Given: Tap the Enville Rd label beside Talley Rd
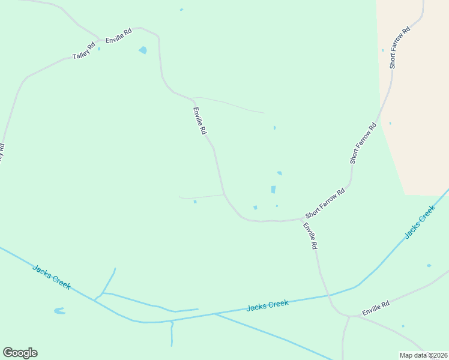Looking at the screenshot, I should pos(118,36).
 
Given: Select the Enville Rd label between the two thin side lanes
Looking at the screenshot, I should pos(200,121).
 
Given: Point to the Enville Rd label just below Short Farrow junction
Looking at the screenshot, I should pos(310,236).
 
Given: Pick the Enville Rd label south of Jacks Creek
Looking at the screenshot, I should pos(376,308).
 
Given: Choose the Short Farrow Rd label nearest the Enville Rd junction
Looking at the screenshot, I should pos(325,203).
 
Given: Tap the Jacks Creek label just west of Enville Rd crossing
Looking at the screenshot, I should pos(267,305).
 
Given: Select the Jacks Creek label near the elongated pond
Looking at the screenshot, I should pos(52,277).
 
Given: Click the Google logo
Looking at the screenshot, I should pos(20,353).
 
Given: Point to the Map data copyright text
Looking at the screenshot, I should pos(423,355).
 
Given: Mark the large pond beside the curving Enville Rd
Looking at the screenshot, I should pos(143,50).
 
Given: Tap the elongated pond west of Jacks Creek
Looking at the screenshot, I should pos(59,311).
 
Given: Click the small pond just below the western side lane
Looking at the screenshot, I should pos(195,202).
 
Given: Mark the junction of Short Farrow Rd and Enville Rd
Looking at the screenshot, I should pos(300,219).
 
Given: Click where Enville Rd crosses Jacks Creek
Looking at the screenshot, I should pos(328,295).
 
